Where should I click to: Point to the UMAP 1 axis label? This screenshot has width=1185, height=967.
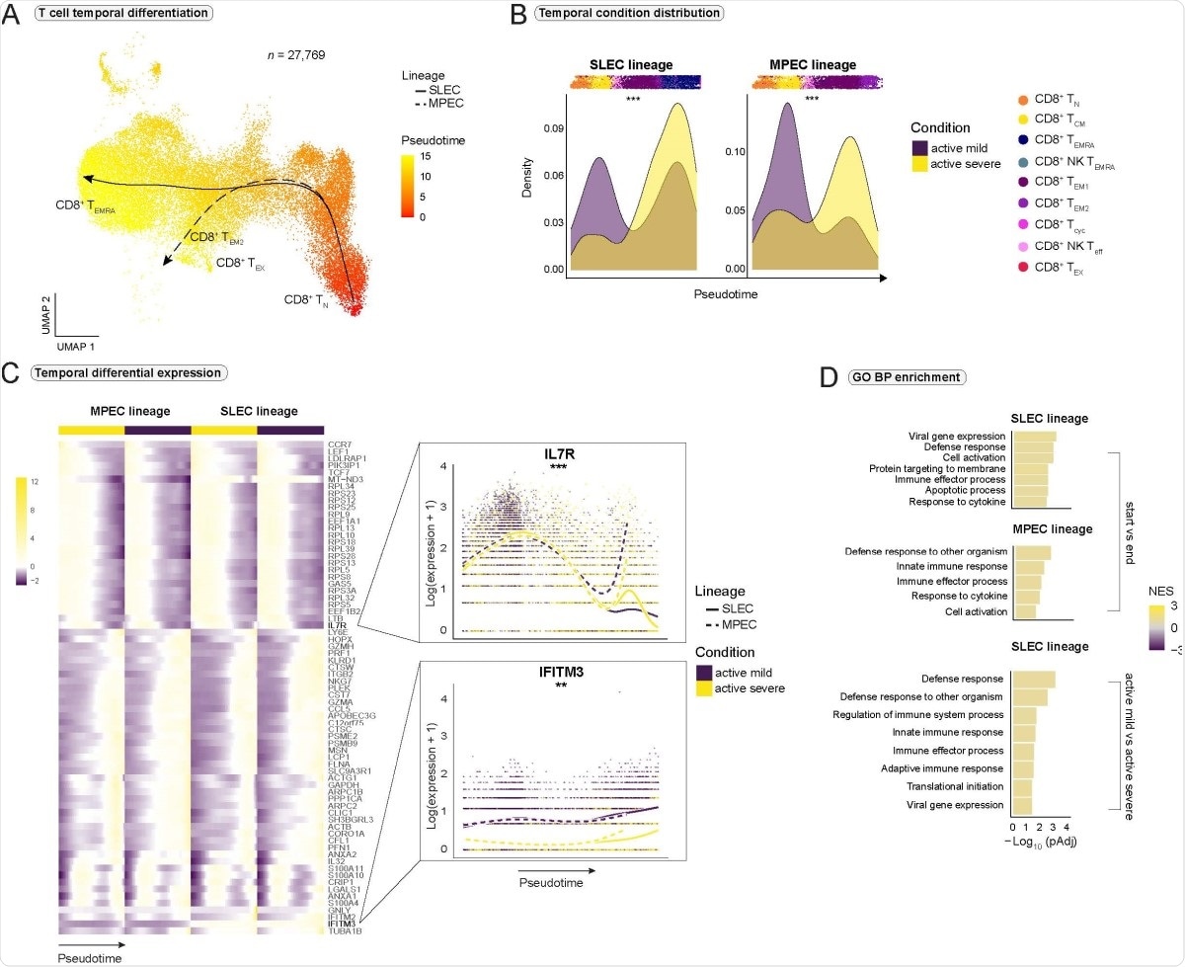[74, 348]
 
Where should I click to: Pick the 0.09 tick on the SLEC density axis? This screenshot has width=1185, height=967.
[553, 128]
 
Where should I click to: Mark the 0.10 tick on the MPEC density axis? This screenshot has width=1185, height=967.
[735, 153]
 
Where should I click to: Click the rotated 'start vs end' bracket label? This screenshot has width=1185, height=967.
[1131, 534]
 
